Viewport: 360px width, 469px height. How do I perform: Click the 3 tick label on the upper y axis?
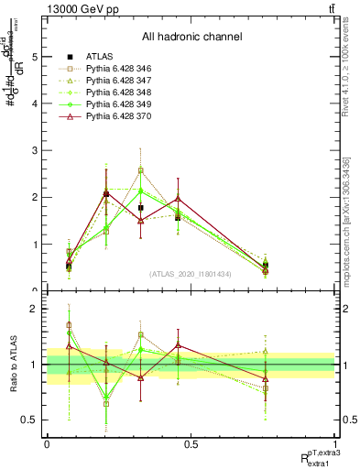tap(35, 150)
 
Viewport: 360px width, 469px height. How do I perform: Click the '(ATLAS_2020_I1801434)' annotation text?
tap(191, 274)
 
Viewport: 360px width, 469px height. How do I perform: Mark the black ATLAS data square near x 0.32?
tap(140, 208)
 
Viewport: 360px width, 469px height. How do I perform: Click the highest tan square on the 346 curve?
tap(140, 170)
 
